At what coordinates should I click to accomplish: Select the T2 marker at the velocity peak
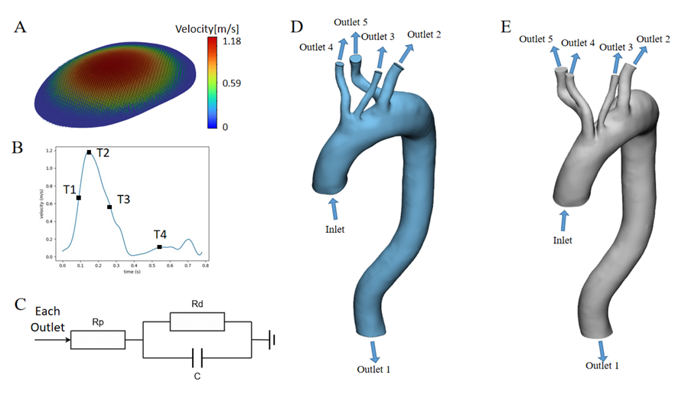point(90,152)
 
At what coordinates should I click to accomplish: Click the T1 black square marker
point(79,197)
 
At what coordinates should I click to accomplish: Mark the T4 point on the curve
point(159,246)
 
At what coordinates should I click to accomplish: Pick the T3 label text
point(122,199)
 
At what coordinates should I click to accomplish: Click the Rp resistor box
point(97,339)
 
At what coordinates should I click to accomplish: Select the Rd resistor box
point(197,321)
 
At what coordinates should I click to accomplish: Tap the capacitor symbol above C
point(197,356)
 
